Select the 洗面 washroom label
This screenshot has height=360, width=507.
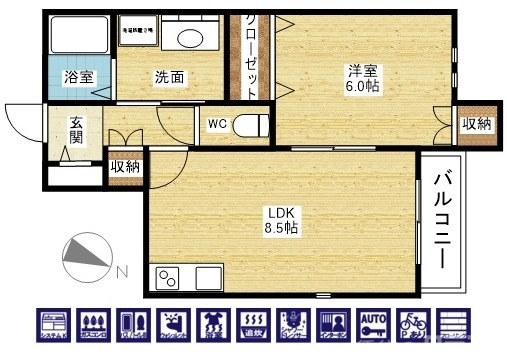pos(168,77)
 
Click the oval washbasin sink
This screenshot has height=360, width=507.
pos(187,37)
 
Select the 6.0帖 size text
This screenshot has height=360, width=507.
pos(361,87)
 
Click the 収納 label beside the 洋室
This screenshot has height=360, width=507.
pos(476,124)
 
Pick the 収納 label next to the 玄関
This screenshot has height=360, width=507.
pos(125,167)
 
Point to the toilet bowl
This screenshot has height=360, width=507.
pos(255,126)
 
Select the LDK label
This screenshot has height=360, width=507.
pos(280,212)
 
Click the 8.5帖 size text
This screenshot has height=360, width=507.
pos(280,228)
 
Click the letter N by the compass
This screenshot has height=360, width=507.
pos(119,271)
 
